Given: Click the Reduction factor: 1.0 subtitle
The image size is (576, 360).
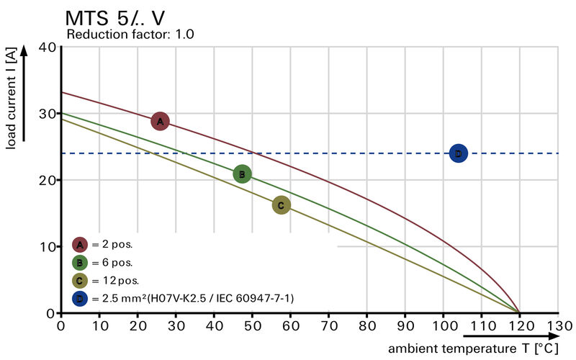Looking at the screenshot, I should pyautogui.click(x=130, y=34).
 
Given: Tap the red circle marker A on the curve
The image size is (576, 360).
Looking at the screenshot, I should pyautogui.click(x=160, y=122).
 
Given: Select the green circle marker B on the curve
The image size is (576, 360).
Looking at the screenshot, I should pyautogui.click(x=242, y=174).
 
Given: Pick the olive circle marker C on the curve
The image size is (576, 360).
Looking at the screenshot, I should pyautogui.click(x=281, y=205).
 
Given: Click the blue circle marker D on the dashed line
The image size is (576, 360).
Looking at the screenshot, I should pyautogui.click(x=459, y=153).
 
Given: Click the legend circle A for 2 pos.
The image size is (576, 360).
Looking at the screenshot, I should pyautogui.click(x=80, y=244).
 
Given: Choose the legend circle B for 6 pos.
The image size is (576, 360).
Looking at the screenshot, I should pyautogui.click(x=80, y=262).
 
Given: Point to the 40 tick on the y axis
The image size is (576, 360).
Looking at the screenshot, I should pyautogui.click(x=48, y=47).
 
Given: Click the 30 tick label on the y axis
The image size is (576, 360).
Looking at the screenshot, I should pyautogui.click(x=48, y=113).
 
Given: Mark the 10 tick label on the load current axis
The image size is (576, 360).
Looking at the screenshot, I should pyautogui.click(x=48, y=246).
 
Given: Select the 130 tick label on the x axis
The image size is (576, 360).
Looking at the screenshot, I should pyautogui.click(x=558, y=325).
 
